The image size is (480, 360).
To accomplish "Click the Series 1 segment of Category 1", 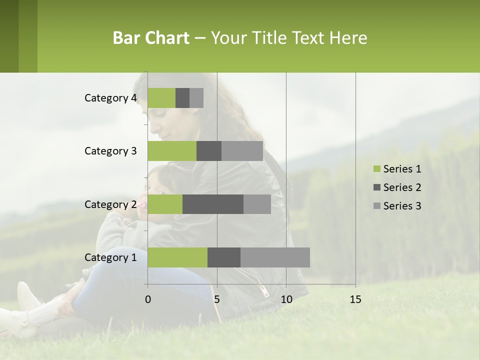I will (177, 257).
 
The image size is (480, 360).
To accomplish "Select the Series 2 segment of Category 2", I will (213, 204).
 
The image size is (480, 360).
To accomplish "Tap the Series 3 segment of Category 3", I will (242, 151).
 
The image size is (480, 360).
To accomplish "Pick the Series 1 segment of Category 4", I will (161, 98).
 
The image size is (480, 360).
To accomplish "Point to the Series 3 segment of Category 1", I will (275, 257).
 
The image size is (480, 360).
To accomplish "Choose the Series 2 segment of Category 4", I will (182, 98).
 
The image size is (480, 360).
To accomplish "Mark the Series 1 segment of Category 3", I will (172, 151).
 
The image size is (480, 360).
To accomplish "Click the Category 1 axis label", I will (110, 257).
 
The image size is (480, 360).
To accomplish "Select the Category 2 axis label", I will (110, 204).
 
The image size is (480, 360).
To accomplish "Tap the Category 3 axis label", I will (110, 151).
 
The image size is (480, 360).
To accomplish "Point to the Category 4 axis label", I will (110, 98).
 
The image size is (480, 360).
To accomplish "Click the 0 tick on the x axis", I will (148, 299).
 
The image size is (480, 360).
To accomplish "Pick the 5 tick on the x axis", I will (217, 299).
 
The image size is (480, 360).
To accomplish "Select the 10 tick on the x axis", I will (286, 299).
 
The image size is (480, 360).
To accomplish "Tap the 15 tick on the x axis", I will (355, 299).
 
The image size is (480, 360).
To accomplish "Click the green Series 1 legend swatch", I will (376, 169).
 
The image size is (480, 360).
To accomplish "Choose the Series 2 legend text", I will (402, 187).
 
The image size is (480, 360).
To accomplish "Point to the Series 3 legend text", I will (402, 206).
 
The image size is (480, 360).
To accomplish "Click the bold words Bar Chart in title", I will (150, 38).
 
